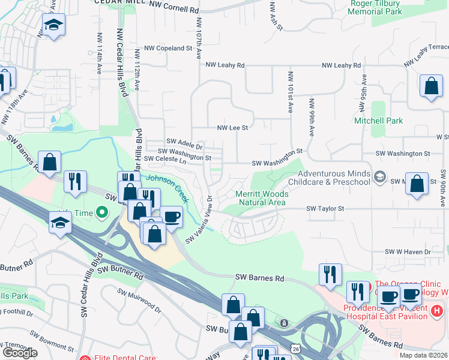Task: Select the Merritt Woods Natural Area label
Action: coord(262,199)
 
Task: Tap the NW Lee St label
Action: coord(232,127)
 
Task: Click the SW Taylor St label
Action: coord(325,208)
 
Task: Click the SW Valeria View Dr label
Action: coord(200,220)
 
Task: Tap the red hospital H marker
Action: coord(437,311)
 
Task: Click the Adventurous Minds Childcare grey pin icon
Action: coord(379,176)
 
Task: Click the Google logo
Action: coord(20,352)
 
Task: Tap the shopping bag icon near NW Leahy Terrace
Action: coord(431,86)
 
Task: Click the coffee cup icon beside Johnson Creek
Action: coord(171,217)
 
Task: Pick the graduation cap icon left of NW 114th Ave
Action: coord(53,25)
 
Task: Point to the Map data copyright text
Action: coord(424,355)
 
